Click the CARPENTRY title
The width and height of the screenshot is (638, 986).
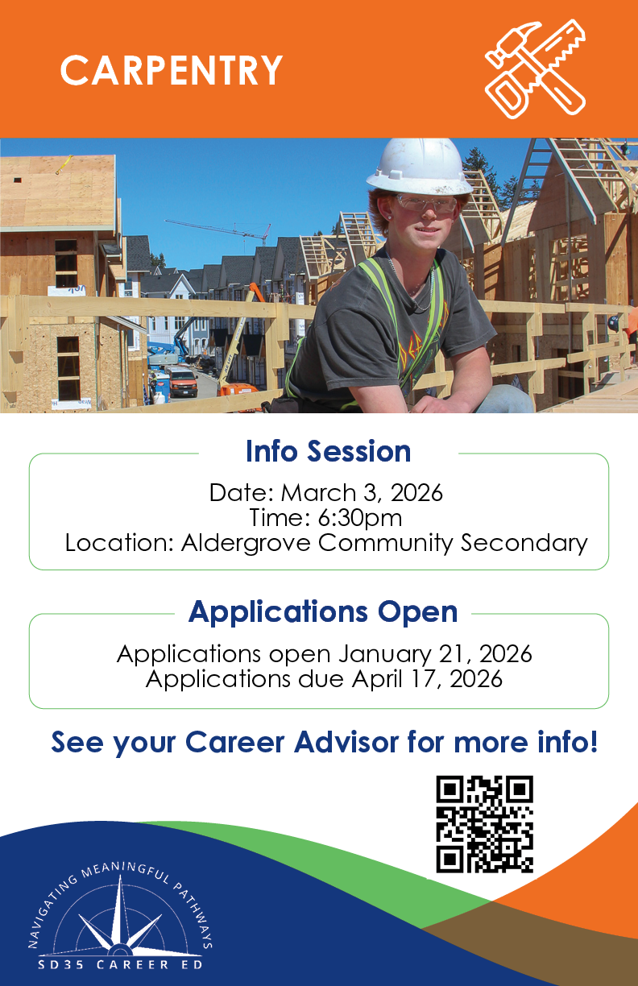coord(172,70)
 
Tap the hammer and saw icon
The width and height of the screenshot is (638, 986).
coord(536,68)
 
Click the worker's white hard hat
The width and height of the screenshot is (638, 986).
coord(419,168)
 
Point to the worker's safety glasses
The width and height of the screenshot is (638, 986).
coord(426,203)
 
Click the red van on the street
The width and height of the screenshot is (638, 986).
coord(182,381)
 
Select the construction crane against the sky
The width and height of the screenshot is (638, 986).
coord(219,230)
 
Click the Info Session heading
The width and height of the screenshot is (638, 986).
coord(329,451)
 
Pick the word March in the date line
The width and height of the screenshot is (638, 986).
coord(318,492)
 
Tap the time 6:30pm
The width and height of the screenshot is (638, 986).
coord(360,518)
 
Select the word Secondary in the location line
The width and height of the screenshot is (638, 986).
coord(524,543)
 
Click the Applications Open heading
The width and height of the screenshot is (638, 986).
coord(323,612)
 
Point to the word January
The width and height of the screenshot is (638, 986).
coord(384,655)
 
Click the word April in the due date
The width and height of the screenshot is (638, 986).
coord(377,680)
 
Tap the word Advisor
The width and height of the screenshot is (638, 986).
coord(346,742)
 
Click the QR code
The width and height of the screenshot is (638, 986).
coord(485,824)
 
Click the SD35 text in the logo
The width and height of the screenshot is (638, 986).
coord(60,965)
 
